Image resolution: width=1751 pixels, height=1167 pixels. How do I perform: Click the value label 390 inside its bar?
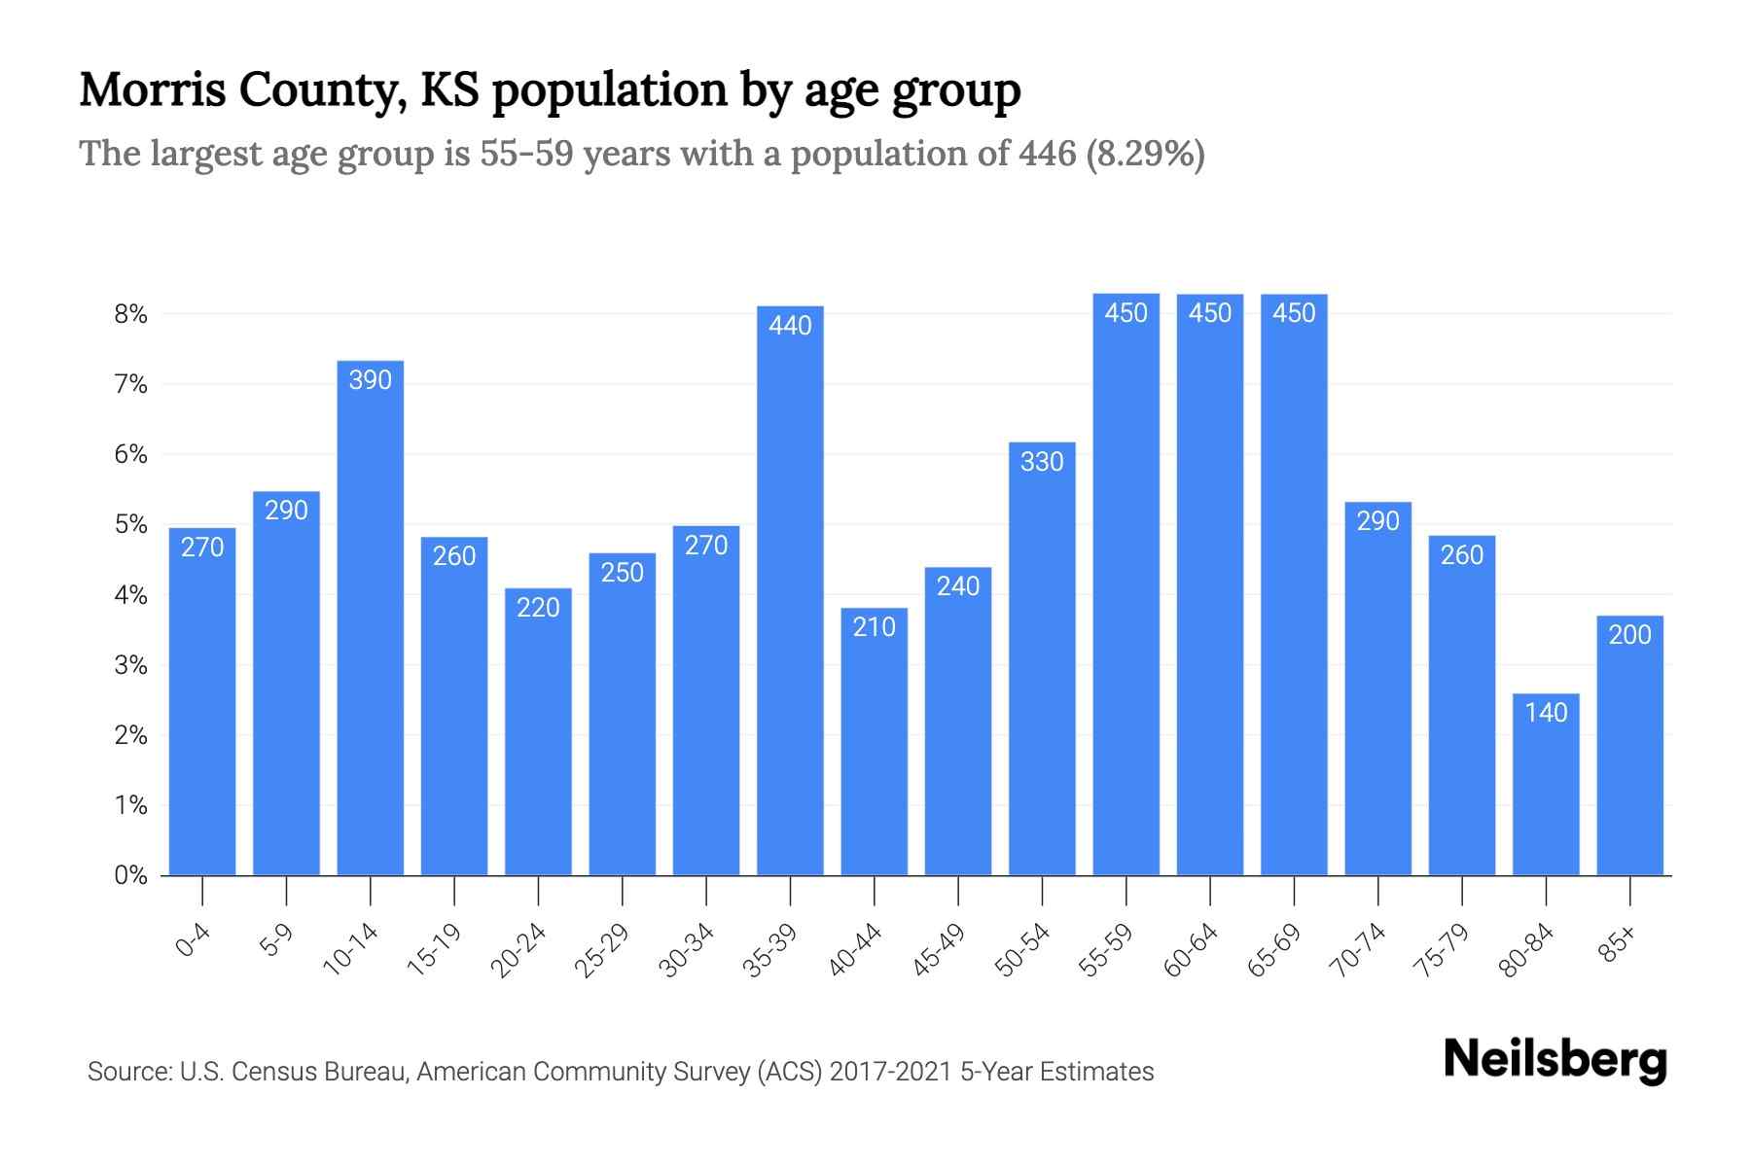tap(371, 380)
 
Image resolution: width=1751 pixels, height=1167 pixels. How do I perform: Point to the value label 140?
tap(1546, 713)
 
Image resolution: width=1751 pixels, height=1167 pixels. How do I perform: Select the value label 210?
tap(874, 627)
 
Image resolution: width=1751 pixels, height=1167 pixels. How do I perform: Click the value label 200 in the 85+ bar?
tap(1629, 635)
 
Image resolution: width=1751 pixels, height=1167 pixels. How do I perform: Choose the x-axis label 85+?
tap(1618, 944)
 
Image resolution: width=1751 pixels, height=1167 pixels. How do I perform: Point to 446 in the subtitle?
tap(1048, 154)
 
